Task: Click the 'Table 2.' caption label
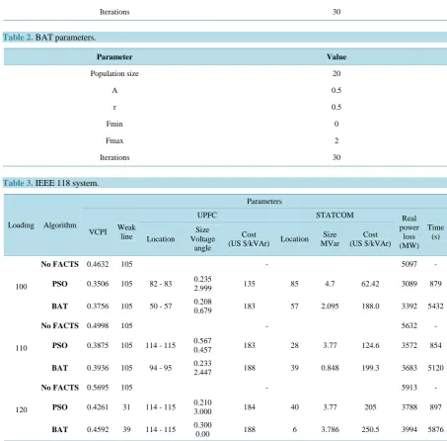pyautogui.click(x=18, y=38)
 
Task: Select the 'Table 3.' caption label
pyautogui.click(x=18, y=183)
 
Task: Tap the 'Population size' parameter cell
pyautogui.click(x=114, y=73)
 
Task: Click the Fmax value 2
pyautogui.click(x=336, y=140)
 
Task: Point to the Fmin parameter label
pyautogui.click(x=114, y=124)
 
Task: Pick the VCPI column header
pyautogui.click(x=98, y=232)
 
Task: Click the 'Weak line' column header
pyautogui.click(x=126, y=232)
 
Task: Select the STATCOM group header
pyautogui.click(x=335, y=216)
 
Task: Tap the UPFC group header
pyautogui.click(x=207, y=216)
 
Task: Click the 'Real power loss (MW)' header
pyautogui.click(x=409, y=232)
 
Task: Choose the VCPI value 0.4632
pyautogui.click(x=98, y=264)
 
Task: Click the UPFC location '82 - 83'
pyautogui.click(x=161, y=284)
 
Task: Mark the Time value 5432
pyautogui.click(x=435, y=307)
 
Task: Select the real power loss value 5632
pyautogui.click(x=409, y=325)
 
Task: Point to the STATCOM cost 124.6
pyautogui.click(x=370, y=345)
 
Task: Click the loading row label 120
pyautogui.click(x=21, y=410)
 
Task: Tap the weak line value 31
pyautogui.click(x=126, y=407)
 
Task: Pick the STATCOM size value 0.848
pyautogui.click(x=330, y=368)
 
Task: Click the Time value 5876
pyautogui.click(x=435, y=429)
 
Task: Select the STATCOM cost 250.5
pyautogui.click(x=370, y=429)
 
